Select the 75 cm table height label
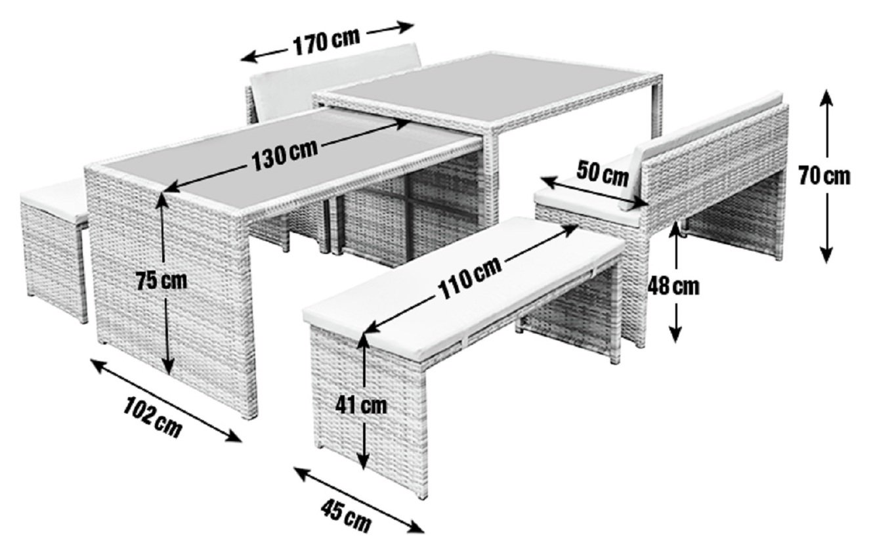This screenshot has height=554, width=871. coord(161,281)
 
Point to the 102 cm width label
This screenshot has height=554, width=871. coord(153,417)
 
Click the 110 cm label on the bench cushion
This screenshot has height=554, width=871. coord(470,278)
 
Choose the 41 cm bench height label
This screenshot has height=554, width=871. coord(361,406)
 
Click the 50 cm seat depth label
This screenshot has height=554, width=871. coord(603,173)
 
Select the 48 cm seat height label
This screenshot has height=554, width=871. coord(673,287)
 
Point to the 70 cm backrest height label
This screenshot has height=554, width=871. coord(825,176)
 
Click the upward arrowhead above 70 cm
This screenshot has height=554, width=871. coord(826,97)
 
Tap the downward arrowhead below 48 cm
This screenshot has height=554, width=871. coord(676,335)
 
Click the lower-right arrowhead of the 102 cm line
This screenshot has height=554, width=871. coord(232,437)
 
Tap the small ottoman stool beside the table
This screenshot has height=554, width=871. coord(54,249)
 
